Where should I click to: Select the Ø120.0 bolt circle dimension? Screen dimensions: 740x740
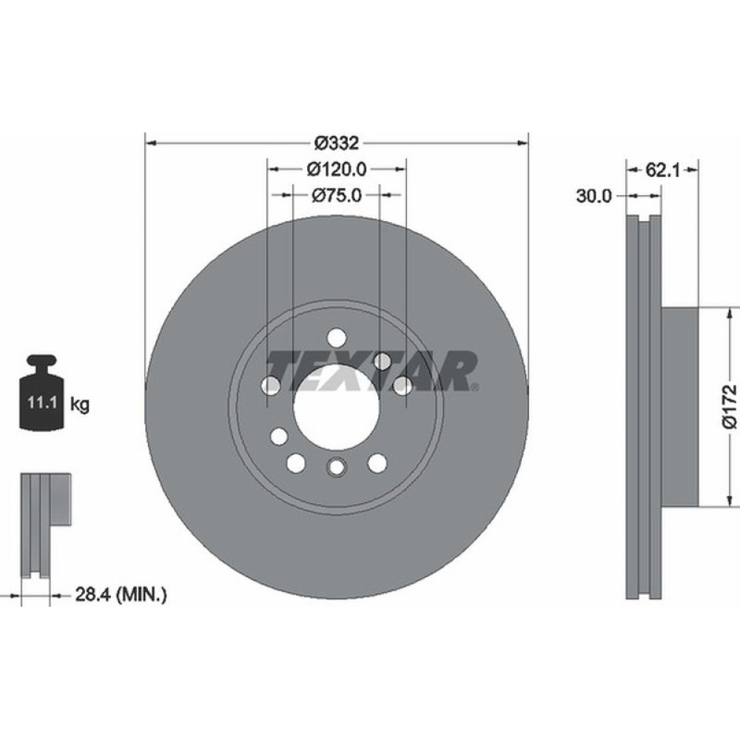(x=336, y=169)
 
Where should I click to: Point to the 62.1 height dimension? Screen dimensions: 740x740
(x=662, y=169)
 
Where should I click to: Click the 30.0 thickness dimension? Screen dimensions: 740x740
(x=594, y=195)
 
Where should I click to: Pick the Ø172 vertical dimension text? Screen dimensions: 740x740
(x=729, y=406)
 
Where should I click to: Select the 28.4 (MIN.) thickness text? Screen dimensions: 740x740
(x=121, y=593)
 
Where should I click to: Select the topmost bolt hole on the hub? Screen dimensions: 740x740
(x=336, y=337)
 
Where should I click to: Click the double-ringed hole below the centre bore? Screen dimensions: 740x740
(x=336, y=467)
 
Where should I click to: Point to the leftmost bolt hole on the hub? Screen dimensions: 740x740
(x=272, y=385)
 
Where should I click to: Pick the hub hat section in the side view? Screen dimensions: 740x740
(x=679, y=406)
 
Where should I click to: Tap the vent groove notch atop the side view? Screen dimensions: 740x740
(x=643, y=220)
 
